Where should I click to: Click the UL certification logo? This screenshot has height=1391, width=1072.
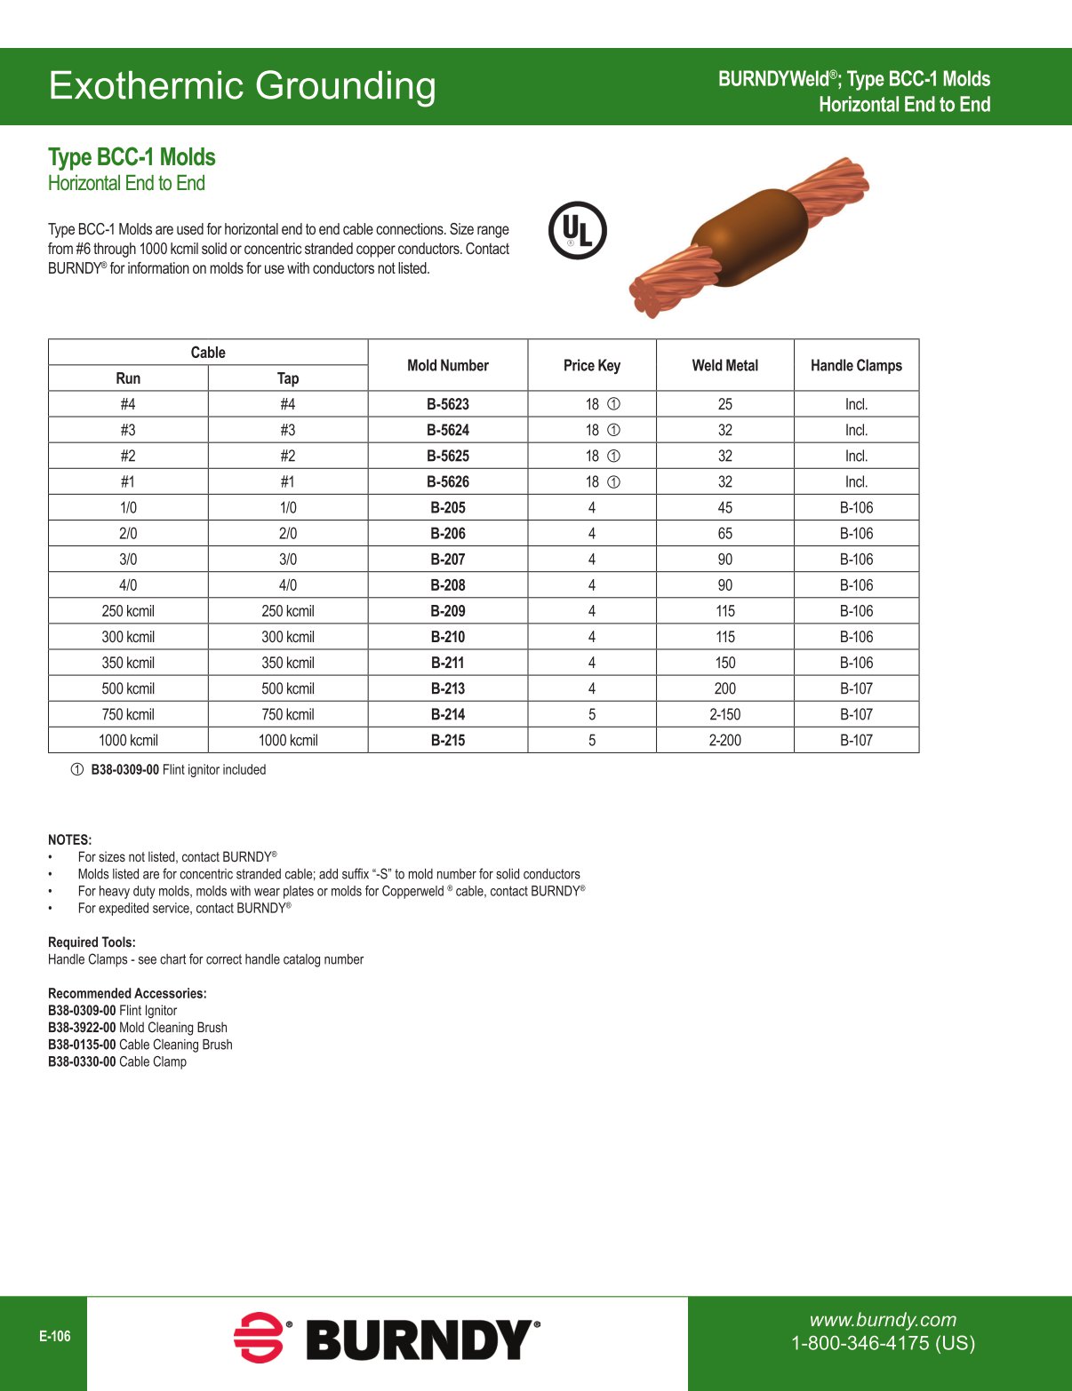[x=578, y=230]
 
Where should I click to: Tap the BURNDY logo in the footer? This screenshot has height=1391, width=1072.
[x=388, y=1339]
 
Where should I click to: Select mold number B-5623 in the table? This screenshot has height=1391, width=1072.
[x=448, y=404]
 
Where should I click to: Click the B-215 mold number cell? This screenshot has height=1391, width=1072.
[x=448, y=740]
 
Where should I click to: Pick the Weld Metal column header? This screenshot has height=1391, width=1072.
[x=725, y=365]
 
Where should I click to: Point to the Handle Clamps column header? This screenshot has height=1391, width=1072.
[x=856, y=365]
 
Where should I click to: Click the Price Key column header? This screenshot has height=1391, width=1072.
[x=592, y=365]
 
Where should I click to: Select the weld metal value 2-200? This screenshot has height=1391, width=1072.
[x=725, y=740]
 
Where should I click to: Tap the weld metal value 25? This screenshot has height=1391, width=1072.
[x=725, y=404]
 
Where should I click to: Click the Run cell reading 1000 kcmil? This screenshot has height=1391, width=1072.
[x=128, y=740]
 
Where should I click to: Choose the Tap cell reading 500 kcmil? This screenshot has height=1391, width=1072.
[x=288, y=688]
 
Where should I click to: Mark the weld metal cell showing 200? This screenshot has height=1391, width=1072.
[x=725, y=688]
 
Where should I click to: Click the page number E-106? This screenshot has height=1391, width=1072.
[x=55, y=1336]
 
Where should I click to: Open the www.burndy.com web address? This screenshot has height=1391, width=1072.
[x=883, y=1320]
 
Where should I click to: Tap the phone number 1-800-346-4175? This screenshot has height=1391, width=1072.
[x=883, y=1343]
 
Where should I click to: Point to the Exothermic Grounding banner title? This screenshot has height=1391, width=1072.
[x=243, y=86]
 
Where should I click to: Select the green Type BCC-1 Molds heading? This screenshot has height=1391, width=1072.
[x=132, y=157]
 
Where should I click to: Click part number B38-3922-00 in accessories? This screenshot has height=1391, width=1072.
[x=82, y=1028]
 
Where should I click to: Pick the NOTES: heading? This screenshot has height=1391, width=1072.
[x=69, y=839]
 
